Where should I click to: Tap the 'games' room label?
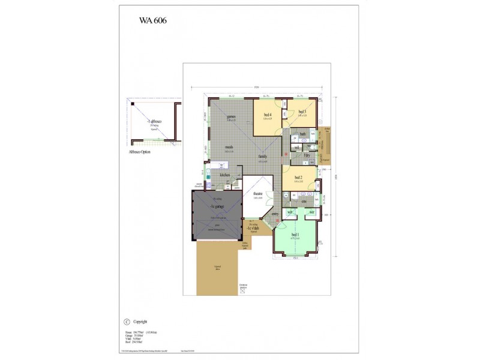(x=230, y=116)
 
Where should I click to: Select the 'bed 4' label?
(x=267, y=114)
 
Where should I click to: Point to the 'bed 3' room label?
(x=302, y=112)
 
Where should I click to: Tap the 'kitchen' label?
(x=225, y=175)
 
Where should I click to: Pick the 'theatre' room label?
(x=258, y=194)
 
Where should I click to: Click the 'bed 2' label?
(x=298, y=177)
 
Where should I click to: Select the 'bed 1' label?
(x=295, y=235)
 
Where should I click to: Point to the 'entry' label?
(x=275, y=214)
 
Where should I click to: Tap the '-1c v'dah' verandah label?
(x=253, y=229)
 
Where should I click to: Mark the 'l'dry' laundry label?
(x=307, y=155)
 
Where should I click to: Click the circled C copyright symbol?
(x=126, y=322)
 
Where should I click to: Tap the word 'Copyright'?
(x=140, y=322)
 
